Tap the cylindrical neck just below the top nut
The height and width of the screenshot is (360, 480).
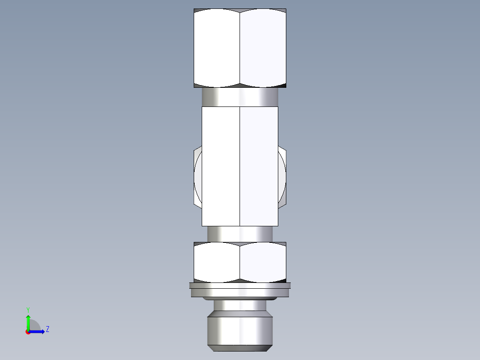tap(240, 97)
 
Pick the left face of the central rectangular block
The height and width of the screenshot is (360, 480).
tap(221, 166)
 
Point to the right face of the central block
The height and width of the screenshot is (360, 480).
tap(259, 166)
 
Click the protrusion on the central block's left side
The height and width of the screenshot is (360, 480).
tap(198, 178)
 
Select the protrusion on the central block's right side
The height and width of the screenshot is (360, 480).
tap(282, 178)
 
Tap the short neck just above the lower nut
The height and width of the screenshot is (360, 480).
tap(240, 233)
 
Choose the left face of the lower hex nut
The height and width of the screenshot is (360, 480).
tap(217, 262)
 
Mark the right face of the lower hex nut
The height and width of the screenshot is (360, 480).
tap(263, 262)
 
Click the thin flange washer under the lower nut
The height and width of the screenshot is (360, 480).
tap(240, 290)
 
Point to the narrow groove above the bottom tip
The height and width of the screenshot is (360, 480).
tap(240, 305)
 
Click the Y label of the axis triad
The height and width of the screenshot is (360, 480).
tap(28, 309)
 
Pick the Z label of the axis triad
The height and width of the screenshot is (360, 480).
tap(47, 329)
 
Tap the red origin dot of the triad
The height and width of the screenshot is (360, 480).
tap(28, 332)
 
